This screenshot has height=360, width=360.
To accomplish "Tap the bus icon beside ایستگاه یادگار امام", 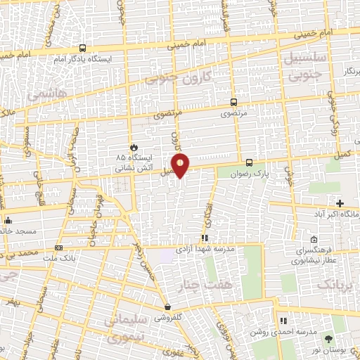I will [x=83, y=49].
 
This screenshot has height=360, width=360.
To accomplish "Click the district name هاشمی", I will [x=46, y=93].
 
